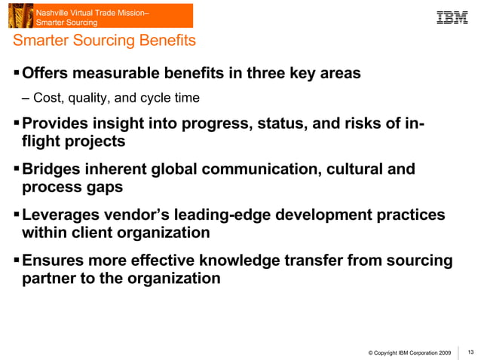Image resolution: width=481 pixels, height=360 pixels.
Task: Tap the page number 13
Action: [x=471, y=352]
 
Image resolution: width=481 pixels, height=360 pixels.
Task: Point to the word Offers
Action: [x=46, y=74]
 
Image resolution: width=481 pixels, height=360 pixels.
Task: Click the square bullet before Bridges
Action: [x=17, y=169]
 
